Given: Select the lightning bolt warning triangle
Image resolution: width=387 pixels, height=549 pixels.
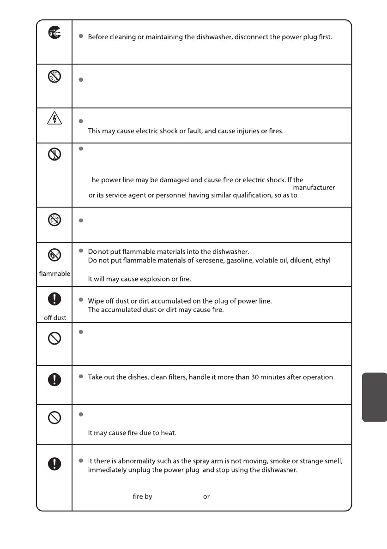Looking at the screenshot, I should [54, 119].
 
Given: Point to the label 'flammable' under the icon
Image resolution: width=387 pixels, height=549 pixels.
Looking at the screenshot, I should [54, 274].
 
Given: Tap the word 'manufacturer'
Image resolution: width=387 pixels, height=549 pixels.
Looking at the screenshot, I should [314, 188].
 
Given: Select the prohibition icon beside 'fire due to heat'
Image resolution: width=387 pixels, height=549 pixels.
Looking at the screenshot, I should [54, 418].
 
